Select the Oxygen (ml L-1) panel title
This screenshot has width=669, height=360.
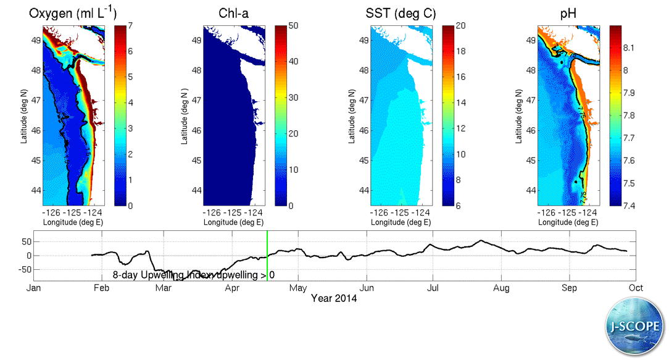[73, 14]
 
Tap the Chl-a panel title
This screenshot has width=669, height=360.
[233, 14]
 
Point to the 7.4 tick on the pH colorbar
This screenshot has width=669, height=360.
[629, 205]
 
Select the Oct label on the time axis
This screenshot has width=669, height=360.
[635, 288]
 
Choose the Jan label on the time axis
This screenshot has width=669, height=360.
[34, 288]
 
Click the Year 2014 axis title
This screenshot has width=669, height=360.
[334, 298]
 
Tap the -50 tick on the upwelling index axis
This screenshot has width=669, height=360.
[23, 270]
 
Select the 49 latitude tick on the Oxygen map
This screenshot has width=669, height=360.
[36, 40]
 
